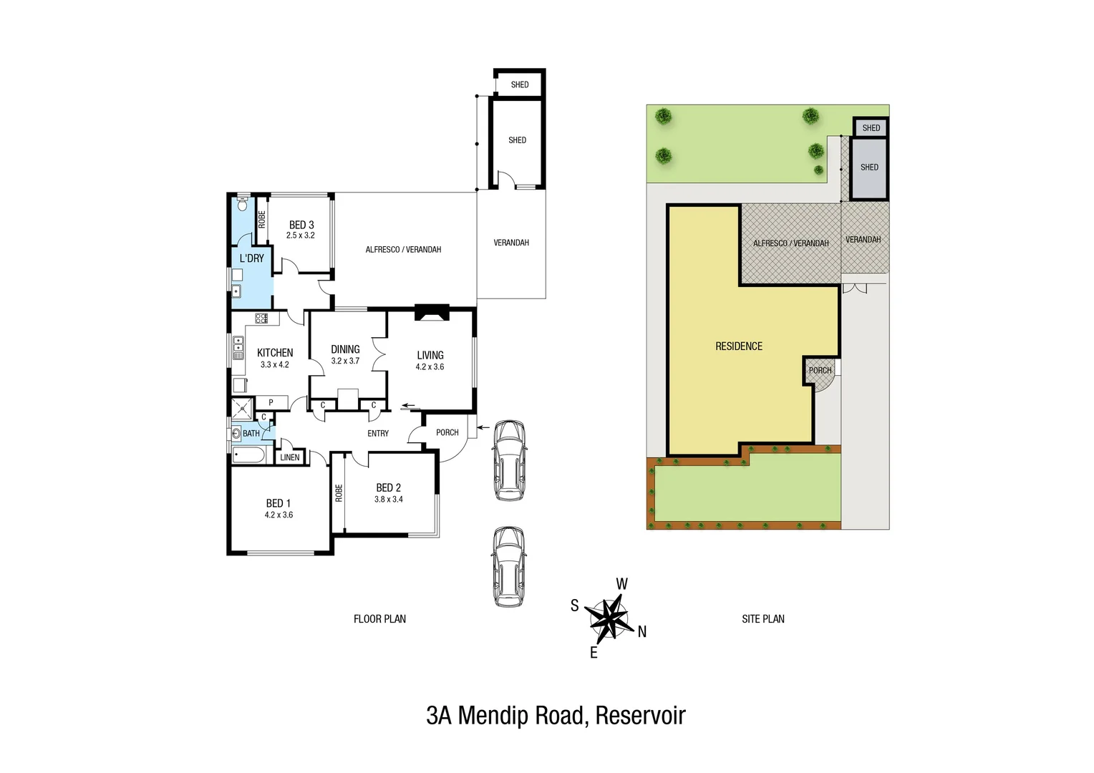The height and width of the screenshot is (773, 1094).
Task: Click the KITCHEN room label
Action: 275,353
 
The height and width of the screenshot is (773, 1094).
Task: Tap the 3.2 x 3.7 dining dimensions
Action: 345,361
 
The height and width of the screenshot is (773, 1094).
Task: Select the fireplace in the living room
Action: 432,313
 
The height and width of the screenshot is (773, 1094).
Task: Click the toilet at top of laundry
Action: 242,204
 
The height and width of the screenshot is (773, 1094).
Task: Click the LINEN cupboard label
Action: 290,457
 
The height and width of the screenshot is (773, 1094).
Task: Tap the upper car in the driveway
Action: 509,460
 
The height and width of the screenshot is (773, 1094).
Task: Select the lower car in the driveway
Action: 508,567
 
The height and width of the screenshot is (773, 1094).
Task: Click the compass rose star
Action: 609,618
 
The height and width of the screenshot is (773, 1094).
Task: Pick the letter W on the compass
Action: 621,584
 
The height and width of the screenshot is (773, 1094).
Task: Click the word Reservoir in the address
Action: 640,716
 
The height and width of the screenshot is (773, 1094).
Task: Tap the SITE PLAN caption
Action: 763,619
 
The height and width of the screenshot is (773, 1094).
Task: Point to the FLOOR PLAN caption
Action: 379,619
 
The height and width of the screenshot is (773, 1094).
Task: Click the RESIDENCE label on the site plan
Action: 739,346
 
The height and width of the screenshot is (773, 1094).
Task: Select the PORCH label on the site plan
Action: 820,371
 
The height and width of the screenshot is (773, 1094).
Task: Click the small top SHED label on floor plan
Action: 520,84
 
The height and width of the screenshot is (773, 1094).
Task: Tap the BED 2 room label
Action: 388,487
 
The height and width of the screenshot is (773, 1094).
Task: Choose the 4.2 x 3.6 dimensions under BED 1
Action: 279,515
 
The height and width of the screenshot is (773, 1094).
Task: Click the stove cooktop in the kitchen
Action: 261,319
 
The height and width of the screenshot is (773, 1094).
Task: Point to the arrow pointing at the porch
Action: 483,427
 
